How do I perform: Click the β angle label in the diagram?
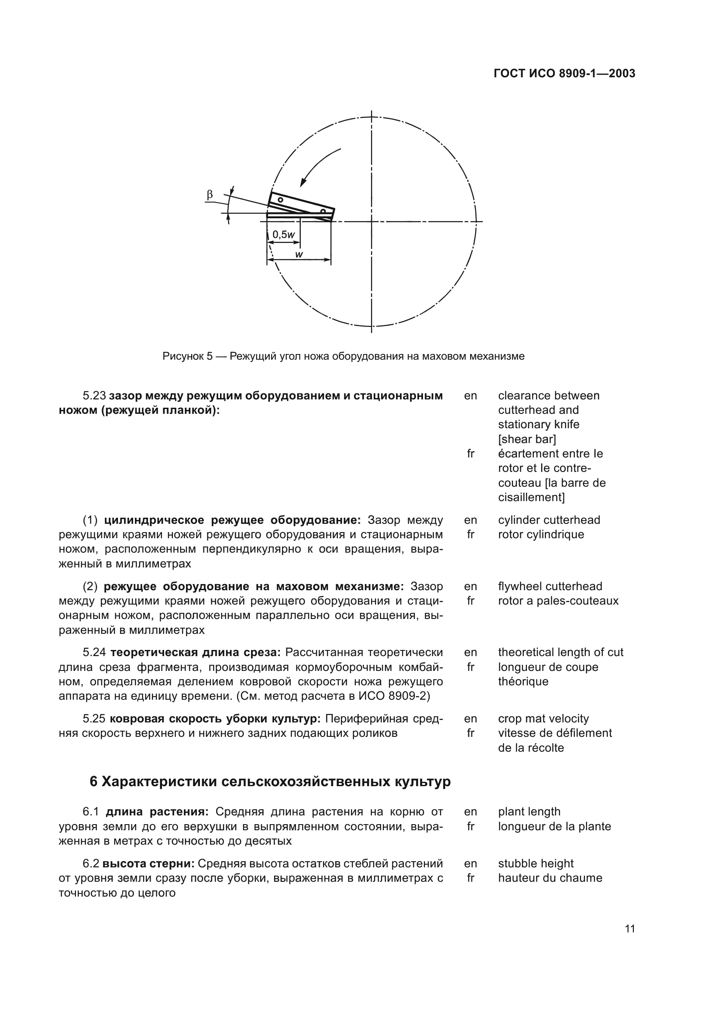click(x=210, y=194)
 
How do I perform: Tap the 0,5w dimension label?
click(x=284, y=234)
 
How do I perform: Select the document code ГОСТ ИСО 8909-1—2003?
click(x=564, y=73)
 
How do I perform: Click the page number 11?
click(x=629, y=928)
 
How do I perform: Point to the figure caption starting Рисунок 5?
click(x=343, y=356)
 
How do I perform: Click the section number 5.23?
click(x=94, y=395)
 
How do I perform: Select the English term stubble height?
click(x=535, y=863)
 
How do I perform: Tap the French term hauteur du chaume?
click(x=550, y=878)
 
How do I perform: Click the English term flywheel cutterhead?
click(x=550, y=586)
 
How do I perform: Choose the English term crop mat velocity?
click(x=543, y=718)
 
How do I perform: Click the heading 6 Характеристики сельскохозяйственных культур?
click(x=270, y=781)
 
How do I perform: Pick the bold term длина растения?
click(x=157, y=811)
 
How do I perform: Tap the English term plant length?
click(x=529, y=811)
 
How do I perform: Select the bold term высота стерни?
click(x=148, y=863)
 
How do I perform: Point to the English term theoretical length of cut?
click(x=560, y=652)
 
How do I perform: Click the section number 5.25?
click(x=94, y=718)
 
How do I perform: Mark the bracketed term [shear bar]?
click(x=527, y=439)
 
